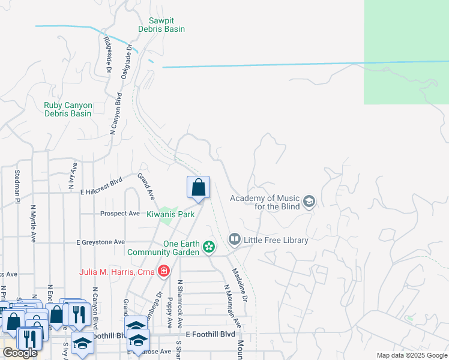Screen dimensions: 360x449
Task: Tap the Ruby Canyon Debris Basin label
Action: tap(68, 109)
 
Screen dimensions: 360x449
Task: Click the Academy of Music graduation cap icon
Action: tap(309, 201)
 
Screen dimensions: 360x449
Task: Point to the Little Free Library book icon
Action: tap(234, 240)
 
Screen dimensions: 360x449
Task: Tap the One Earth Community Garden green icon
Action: tap(209, 247)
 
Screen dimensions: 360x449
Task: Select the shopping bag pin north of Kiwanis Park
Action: tap(198, 188)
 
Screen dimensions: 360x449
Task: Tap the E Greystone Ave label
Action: tap(100, 242)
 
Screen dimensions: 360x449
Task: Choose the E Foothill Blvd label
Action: tap(210, 334)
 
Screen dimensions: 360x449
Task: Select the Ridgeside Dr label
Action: tap(108, 54)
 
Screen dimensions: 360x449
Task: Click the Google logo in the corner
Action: tap(20, 353)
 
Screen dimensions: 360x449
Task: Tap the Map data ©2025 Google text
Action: tap(412, 355)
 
